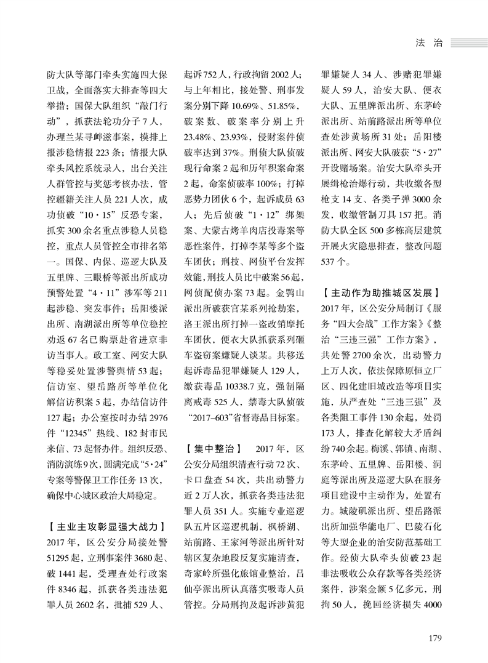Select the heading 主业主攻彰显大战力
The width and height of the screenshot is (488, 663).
105,526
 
